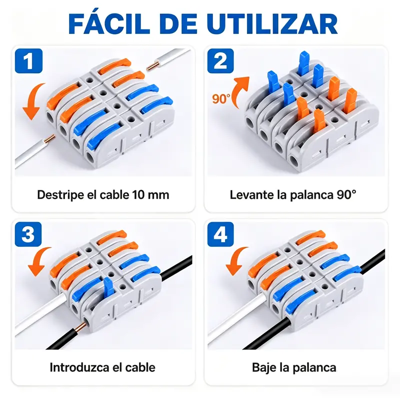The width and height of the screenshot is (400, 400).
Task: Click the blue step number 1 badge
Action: coord(28,61)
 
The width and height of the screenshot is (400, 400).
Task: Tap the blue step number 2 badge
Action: coord(220,61)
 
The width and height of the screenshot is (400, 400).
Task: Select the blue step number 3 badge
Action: coord(28,234)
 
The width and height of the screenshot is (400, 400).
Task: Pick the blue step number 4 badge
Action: coord(220,234)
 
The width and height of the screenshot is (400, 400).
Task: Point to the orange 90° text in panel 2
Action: coord(221,98)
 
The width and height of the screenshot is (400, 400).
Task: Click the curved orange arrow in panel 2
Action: coord(240,91)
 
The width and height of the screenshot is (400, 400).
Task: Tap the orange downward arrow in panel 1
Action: coord(33,102)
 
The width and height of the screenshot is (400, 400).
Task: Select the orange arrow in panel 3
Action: coord(38,261)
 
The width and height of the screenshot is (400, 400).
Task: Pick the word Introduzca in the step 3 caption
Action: coord(79,367)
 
